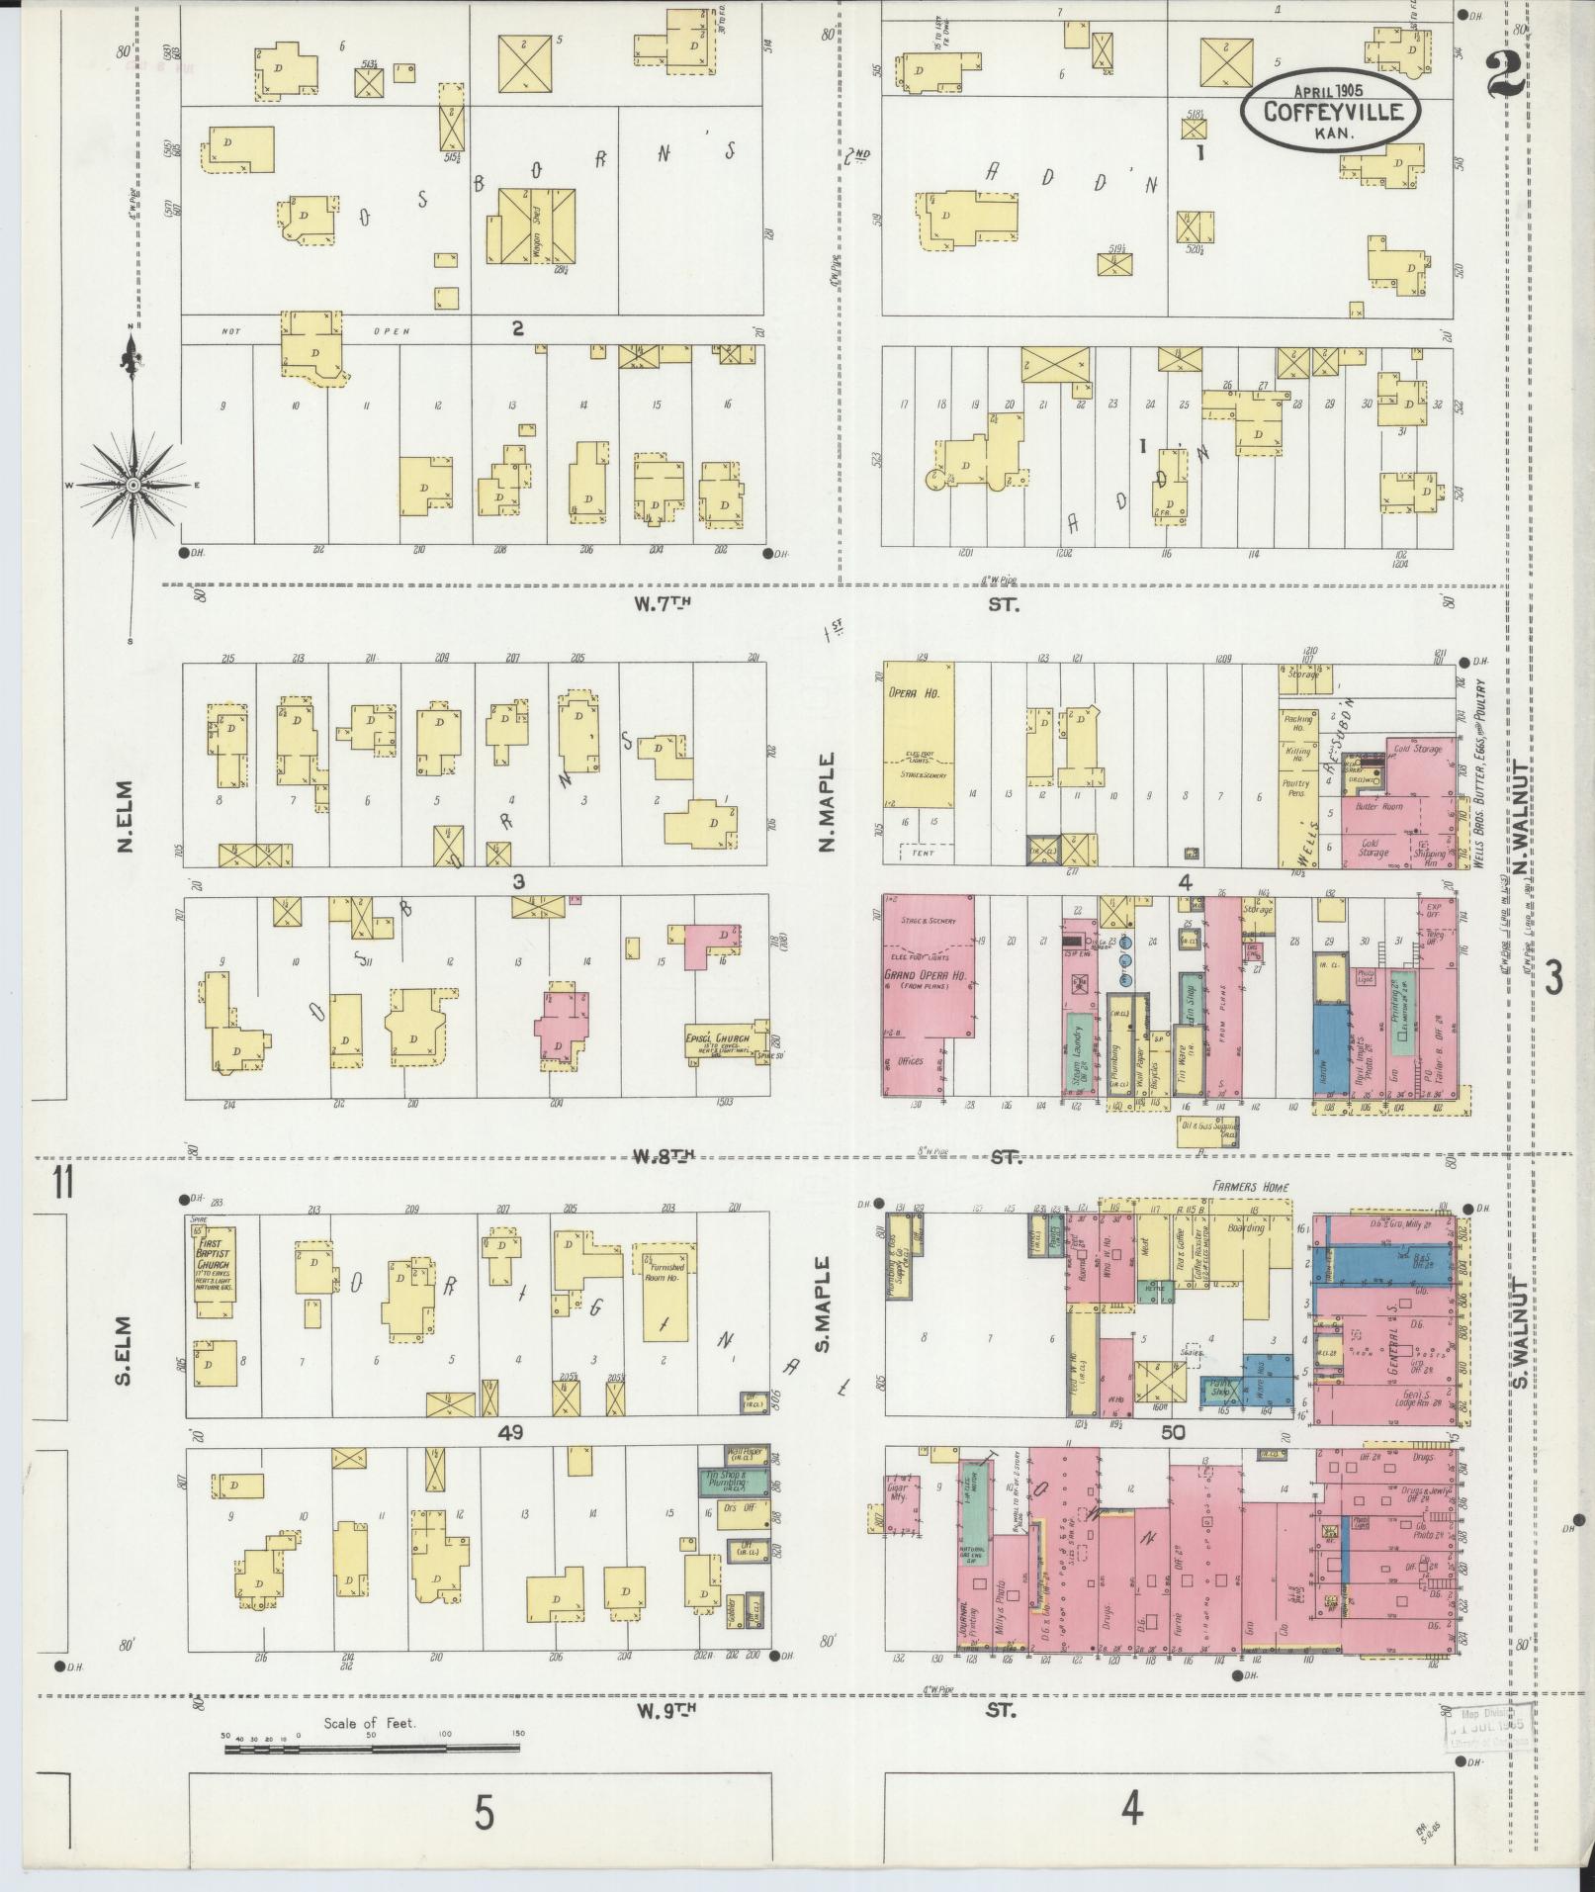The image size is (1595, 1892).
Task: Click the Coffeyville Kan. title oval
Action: tap(1331, 111)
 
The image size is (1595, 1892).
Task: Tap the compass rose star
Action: tap(132, 486)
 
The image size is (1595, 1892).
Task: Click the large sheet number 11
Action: tap(63, 1183)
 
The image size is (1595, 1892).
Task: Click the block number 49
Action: tap(510, 1432)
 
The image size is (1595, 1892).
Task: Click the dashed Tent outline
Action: tap(925, 852)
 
